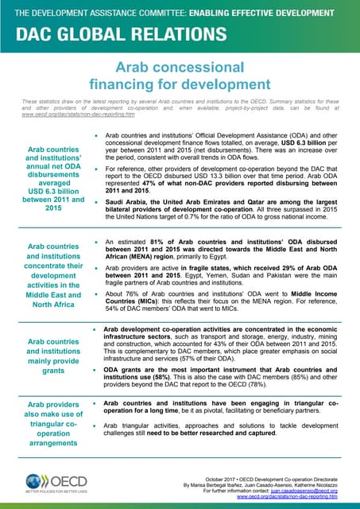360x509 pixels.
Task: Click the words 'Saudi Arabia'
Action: pyautogui.click(x=129, y=193)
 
